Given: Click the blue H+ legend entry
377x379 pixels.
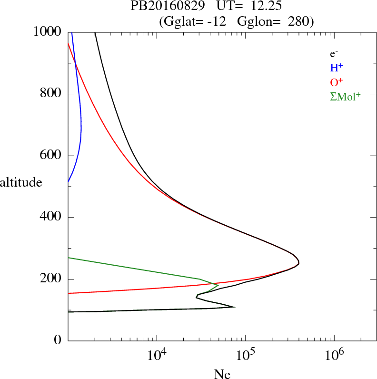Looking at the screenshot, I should coord(337,68).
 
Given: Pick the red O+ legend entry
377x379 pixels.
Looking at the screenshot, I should coord(337,82).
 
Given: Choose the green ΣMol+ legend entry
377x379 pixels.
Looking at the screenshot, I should coord(345,97).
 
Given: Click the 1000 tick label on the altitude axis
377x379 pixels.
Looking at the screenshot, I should coord(48,32).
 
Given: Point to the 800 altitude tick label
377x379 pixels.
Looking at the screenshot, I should coord(51,94).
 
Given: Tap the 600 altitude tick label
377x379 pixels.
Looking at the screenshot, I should coord(51,156).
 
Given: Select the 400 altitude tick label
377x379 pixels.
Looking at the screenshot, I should coord(51,218).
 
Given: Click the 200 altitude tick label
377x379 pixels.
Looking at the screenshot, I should coord(51,279).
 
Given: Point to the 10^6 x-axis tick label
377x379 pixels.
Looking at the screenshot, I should coord(334,355).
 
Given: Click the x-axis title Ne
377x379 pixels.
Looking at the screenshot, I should coord(222,374).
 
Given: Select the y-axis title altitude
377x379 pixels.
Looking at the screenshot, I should coord(21,182).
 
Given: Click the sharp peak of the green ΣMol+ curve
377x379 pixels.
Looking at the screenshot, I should coord(218,285).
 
